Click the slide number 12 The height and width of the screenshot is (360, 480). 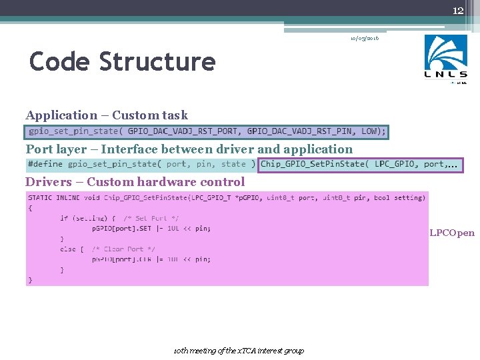tap(458, 11)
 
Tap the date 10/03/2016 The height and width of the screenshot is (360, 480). tap(365, 39)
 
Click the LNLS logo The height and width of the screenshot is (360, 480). tap(446, 59)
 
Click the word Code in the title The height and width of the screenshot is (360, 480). tap(60, 62)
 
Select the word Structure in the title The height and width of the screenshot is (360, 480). tap(157, 62)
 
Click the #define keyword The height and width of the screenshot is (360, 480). tap(45, 164)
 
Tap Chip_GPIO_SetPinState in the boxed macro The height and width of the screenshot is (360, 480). tap(315, 164)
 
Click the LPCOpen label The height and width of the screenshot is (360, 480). tap(452, 233)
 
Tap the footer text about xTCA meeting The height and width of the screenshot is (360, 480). tap(238, 351)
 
